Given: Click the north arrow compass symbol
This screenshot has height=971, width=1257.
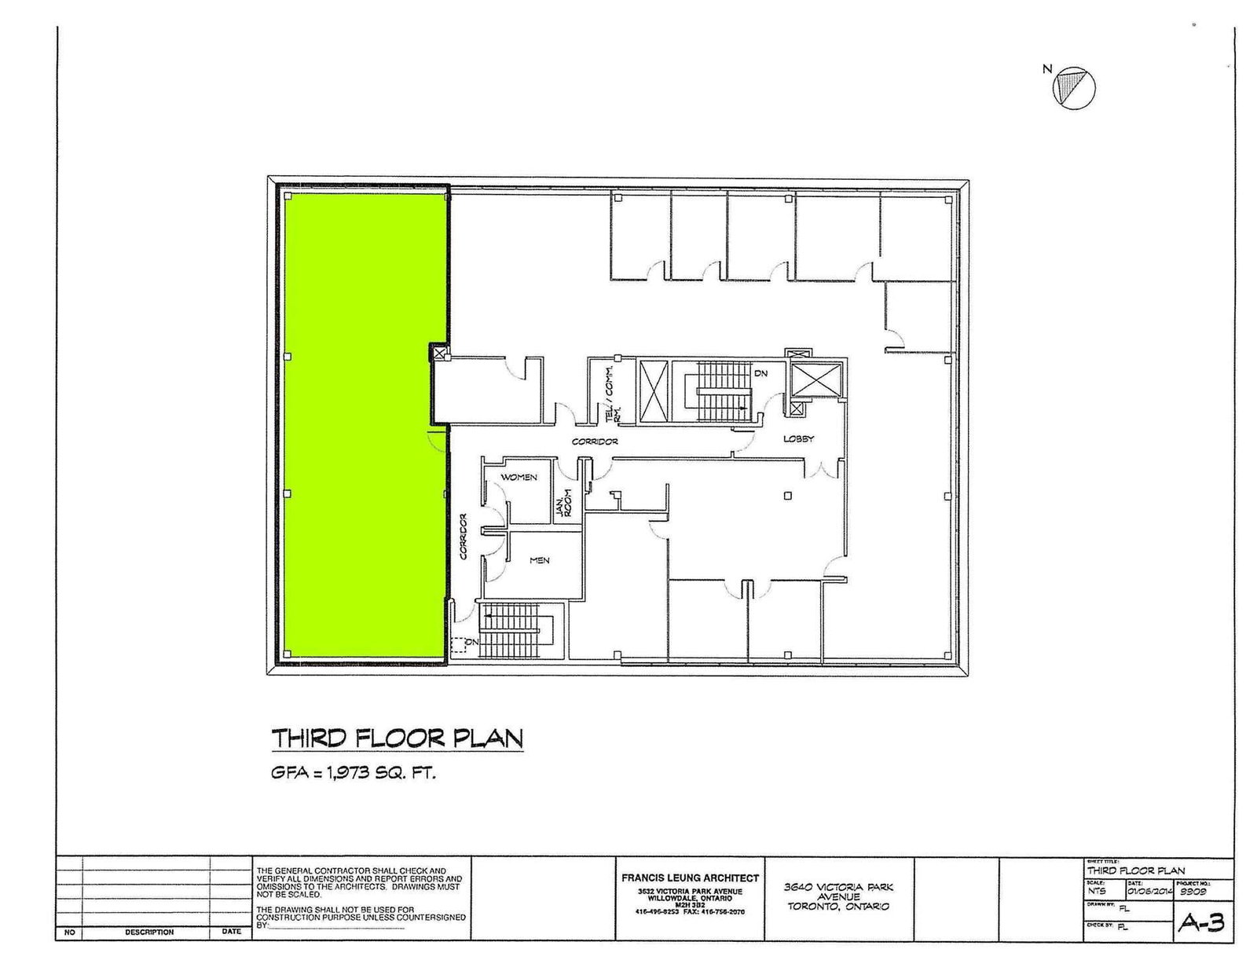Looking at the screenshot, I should coord(1074,86).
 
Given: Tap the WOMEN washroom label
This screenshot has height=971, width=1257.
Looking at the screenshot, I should coord(519,478).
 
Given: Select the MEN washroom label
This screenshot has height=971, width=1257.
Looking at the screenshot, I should coord(539,560).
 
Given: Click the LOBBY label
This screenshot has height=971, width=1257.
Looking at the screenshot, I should coord(798,439).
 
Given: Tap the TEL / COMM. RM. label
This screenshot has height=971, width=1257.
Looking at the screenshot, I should coord(612,391).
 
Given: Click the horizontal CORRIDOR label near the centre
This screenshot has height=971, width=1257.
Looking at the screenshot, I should coord(595,442).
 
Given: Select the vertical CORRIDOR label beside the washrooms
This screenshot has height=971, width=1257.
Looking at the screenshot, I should coord(464,537).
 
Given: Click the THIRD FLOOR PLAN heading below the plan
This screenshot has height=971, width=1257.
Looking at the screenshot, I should coord(397,739).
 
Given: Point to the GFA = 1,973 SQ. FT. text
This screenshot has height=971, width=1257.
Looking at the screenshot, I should coord(353,773).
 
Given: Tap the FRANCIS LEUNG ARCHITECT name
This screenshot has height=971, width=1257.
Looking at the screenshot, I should coord(691,878).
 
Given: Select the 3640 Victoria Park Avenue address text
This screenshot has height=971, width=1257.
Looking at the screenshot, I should coord(838,896).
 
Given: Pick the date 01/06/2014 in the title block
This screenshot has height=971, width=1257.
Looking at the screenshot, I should coord(1149,892).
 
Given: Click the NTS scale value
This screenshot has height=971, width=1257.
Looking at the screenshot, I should coord(1097,892).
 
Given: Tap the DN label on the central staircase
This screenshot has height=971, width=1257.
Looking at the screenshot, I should coord(760,374).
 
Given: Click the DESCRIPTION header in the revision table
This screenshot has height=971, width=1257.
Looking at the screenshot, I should coord(148,933).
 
